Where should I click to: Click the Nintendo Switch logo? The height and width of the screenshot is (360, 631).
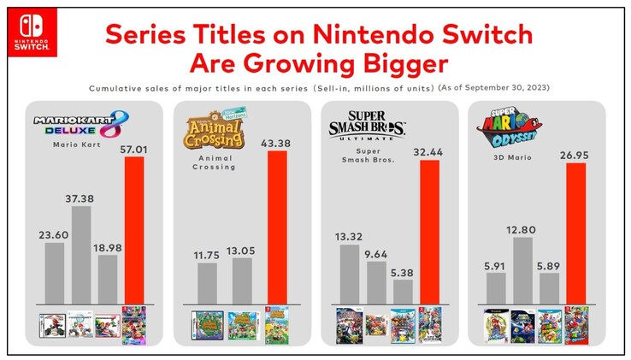coord(32,32)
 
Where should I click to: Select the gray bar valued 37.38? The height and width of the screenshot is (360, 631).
coord(80,254)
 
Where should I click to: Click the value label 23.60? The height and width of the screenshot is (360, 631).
coord(54,233)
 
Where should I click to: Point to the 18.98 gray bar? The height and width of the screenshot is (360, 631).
coord(108,278)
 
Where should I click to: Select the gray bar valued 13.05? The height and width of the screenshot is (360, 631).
coord(243,280)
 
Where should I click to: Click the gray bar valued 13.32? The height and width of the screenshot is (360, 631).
coord(349,274)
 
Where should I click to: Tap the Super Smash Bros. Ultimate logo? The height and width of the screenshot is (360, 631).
coord(367,125)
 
